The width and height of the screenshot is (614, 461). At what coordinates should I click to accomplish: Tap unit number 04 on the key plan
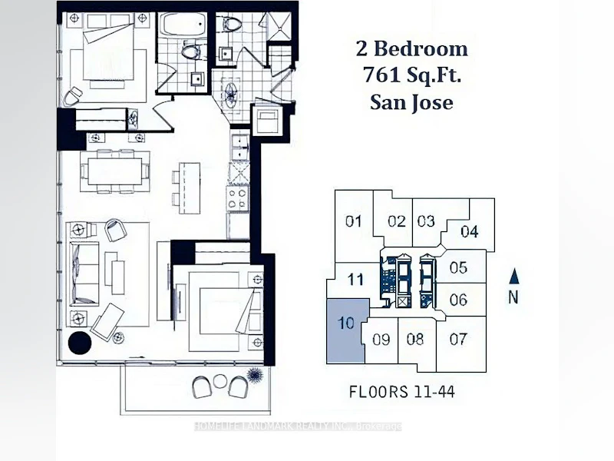point(470,231)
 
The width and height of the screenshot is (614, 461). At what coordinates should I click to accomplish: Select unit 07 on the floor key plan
point(458,339)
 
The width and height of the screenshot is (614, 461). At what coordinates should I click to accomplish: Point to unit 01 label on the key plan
point(353,221)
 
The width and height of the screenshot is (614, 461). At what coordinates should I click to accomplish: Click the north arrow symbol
point(513,277)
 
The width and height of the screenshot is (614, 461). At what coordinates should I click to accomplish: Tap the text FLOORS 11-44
point(401,392)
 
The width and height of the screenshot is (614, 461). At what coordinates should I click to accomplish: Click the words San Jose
point(411,102)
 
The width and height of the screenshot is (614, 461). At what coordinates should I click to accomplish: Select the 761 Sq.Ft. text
point(411,75)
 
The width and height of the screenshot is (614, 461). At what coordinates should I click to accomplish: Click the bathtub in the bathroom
point(184,25)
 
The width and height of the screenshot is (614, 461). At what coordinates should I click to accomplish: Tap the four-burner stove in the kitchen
point(238,198)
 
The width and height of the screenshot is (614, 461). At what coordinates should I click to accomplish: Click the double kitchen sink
point(239,148)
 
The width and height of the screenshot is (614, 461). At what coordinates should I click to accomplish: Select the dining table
point(114,171)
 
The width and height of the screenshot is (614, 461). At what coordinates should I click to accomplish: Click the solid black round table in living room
point(80,343)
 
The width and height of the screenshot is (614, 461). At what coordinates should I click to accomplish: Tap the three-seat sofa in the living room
point(84,274)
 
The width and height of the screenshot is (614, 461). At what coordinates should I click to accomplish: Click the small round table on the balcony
point(220,380)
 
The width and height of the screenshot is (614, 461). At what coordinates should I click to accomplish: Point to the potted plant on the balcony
point(255,375)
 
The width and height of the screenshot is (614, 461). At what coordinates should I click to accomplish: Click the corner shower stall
point(279,27)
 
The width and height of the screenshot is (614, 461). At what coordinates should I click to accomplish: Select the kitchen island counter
point(190,187)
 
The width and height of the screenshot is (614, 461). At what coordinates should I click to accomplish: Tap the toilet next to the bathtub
point(191,51)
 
